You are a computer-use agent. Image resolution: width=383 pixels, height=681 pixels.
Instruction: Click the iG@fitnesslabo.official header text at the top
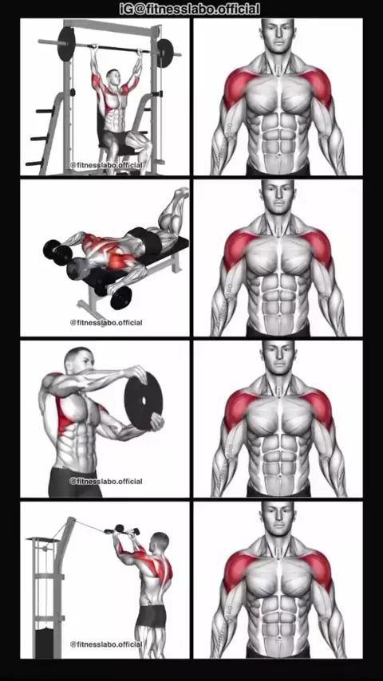[x=190, y=9]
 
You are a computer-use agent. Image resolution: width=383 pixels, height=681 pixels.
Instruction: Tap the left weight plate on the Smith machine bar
[x=66, y=44]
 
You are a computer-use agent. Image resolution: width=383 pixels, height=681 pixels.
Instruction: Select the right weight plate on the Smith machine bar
[x=165, y=53]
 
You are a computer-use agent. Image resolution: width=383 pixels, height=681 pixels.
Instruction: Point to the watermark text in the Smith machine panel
[x=106, y=165]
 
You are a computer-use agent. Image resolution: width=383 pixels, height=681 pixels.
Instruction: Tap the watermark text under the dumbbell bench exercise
[x=106, y=323]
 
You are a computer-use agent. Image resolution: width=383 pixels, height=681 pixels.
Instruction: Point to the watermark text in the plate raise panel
[x=106, y=481]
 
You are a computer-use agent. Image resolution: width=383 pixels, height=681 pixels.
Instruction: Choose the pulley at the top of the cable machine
[x=71, y=522]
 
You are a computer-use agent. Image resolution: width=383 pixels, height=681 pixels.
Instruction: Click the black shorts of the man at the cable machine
[x=152, y=616]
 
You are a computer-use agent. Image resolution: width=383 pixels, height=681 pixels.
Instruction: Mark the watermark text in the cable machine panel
[x=106, y=644]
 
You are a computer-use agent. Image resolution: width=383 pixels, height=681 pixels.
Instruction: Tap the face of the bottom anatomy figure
[x=278, y=518]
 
